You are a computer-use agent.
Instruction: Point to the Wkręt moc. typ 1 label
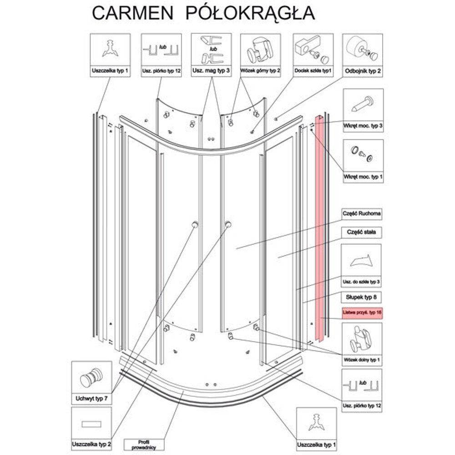pos(363,176)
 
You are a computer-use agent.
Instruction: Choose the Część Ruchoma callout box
pos(362,213)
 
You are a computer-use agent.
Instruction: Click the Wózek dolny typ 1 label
pos(362,360)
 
